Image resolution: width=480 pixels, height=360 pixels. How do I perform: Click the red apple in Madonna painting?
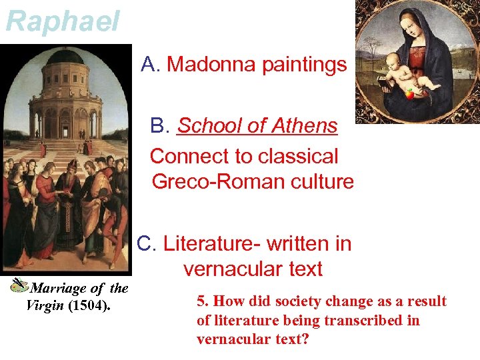[409, 94]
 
